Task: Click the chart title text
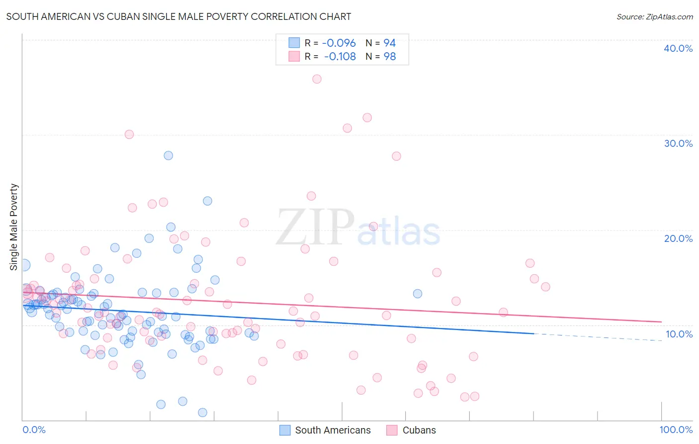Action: pos(178,16)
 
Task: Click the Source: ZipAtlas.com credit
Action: pos(654,16)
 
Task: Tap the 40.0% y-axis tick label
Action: pos(678,48)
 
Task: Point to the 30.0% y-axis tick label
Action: pos(678,143)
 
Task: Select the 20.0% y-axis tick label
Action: pos(678,238)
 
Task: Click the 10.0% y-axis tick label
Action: pos(679,334)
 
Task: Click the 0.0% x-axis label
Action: pos(34,430)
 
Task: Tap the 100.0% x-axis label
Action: pos(676,430)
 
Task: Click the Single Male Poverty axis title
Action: pos(14,227)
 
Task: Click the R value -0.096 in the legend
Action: pos(339,43)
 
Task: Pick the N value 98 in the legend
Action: pos(390,56)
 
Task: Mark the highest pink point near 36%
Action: pos(317,79)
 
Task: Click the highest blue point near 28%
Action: pos(169,155)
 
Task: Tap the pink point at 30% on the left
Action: pos(129,134)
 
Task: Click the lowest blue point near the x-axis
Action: pos(202,412)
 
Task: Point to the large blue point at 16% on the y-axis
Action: pos(23,265)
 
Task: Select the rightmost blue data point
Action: pos(418,294)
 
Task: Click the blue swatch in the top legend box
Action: pos(294,43)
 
